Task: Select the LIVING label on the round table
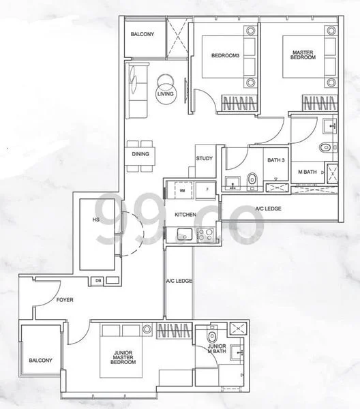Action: (164, 93)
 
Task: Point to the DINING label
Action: (140, 154)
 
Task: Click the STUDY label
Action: (204, 159)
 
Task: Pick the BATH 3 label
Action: (275, 160)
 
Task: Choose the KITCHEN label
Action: (185, 214)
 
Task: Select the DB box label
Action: (99, 280)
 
